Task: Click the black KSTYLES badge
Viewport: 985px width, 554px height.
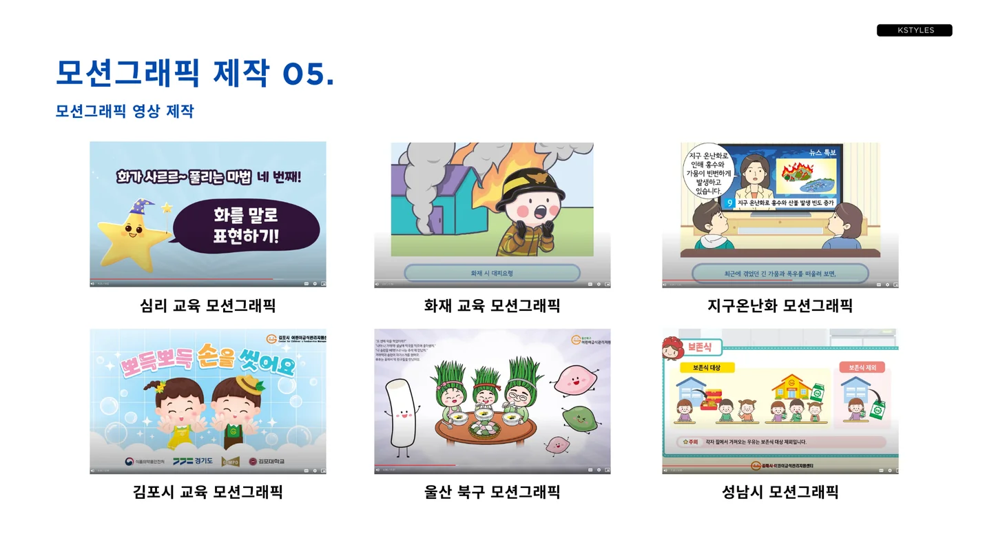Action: (x=914, y=30)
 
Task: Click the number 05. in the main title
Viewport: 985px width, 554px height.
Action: (x=308, y=74)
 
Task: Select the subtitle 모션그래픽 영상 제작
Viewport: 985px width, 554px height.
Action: (x=125, y=111)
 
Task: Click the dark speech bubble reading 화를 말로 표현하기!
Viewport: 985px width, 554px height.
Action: (x=246, y=227)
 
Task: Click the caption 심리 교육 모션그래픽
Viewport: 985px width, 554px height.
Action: (x=207, y=305)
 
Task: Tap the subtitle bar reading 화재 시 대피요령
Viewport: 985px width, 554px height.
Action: (x=492, y=274)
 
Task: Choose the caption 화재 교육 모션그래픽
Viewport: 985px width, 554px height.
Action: (x=492, y=305)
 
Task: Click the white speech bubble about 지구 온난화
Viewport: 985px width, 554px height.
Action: (x=709, y=172)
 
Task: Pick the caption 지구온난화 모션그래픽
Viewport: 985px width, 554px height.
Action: (x=780, y=305)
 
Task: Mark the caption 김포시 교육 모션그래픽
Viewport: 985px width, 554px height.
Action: (x=207, y=492)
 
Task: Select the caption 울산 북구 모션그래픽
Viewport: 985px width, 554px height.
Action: (x=492, y=492)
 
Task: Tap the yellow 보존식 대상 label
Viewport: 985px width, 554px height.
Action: (x=709, y=368)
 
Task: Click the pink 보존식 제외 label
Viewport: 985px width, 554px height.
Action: (x=862, y=368)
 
